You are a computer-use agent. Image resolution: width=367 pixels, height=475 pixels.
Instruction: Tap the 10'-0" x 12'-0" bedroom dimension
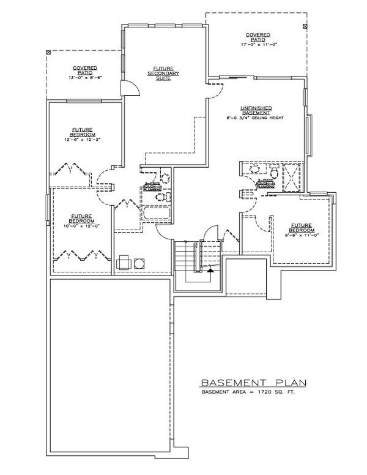coord(81,222)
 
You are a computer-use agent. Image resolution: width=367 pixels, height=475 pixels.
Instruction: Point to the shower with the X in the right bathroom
coord(292,177)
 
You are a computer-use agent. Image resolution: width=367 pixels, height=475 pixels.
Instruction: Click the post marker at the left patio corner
coord(48,53)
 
